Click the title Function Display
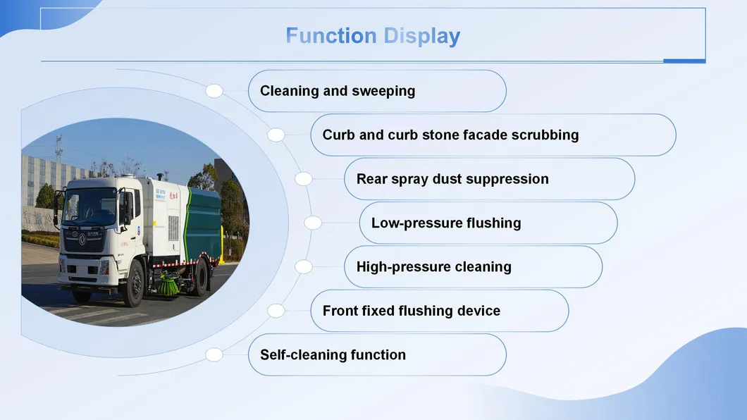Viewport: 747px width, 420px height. tap(373, 36)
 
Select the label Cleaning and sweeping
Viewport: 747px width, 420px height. tap(338, 91)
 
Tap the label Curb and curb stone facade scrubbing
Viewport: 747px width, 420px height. tap(451, 135)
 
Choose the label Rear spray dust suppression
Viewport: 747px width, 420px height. tap(452, 179)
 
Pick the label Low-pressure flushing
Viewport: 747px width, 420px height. tap(446, 223)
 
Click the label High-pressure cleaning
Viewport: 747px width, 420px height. tap(433, 266)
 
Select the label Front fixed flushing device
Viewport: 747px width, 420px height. tap(411, 311)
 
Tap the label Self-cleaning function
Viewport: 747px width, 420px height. tap(333, 354)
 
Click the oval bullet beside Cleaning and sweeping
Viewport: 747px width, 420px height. tap(214, 91)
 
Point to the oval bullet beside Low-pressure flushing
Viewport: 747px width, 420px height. tap(312, 223)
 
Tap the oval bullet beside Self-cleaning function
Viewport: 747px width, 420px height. tap(214, 354)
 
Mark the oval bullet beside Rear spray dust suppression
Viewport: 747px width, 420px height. tap(304, 179)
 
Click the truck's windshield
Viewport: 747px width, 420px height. tap(90, 206)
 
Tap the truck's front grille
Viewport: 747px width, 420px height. tap(84, 241)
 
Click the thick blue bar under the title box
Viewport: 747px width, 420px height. tap(684, 61)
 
